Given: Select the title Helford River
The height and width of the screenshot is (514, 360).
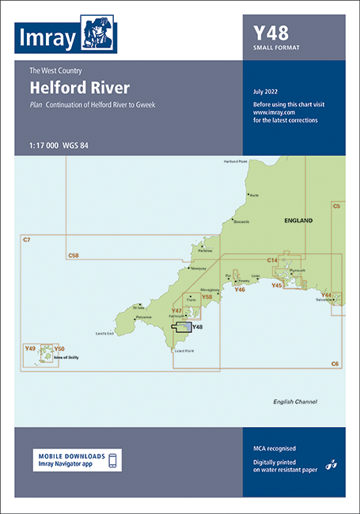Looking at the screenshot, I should tap(79, 87).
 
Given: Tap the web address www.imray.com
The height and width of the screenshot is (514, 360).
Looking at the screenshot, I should tap(269, 112).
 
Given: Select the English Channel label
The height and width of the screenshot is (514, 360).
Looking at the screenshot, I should tap(294, 402).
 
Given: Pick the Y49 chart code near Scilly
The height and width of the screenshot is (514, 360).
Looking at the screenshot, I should tap(31, 348).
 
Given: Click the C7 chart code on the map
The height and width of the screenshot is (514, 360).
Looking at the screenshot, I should tap(26, 240).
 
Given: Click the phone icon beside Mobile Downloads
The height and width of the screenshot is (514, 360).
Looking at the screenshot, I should tap(112, 460).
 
